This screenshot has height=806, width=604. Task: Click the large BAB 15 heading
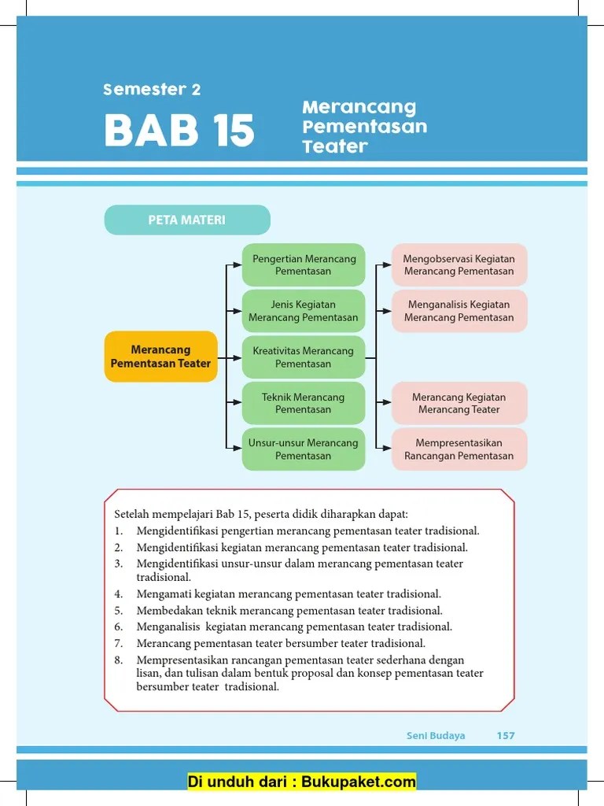[179, 131]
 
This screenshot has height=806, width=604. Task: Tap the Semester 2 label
[152, 90]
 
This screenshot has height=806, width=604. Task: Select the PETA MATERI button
[187, 220]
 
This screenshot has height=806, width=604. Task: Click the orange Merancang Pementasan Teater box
[161, 357]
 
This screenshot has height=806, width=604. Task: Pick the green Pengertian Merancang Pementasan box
[304, 265]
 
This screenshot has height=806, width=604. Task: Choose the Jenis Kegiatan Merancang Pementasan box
[304, 311]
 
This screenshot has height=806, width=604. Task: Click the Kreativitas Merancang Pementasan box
[304, 357]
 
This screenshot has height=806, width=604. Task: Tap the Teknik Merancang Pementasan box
[304, 403]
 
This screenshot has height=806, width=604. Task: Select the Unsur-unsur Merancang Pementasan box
[304, 449]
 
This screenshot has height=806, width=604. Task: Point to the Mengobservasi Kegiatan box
[459, 265]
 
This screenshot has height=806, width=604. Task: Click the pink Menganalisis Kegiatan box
[459, 311]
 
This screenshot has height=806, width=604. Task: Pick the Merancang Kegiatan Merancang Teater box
[459, 403]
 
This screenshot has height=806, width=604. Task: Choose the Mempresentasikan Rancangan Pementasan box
[459, 449]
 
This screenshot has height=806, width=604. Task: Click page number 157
[506, 735]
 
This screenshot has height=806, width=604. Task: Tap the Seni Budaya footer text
[436, 735]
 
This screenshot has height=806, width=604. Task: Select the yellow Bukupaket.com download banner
[302, 782]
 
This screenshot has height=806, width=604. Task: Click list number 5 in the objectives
[119, 611]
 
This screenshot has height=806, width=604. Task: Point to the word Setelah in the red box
[132, 514]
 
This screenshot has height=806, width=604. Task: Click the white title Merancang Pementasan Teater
[364, 127]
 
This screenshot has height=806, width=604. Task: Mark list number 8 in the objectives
[119, 660]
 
